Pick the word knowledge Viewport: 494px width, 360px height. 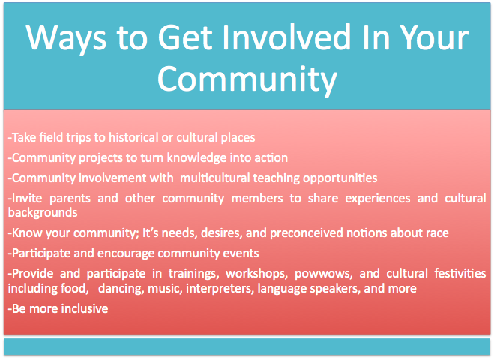point(196,158)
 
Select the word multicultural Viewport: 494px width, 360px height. point(215,178)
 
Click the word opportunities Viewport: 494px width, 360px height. point(340,178)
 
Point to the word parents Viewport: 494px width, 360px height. point(70,199)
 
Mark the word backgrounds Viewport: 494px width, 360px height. point(43,213)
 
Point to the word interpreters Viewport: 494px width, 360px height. point(220,289)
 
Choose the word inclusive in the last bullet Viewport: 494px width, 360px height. point(85,308)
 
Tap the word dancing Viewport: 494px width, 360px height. point(121,289)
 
